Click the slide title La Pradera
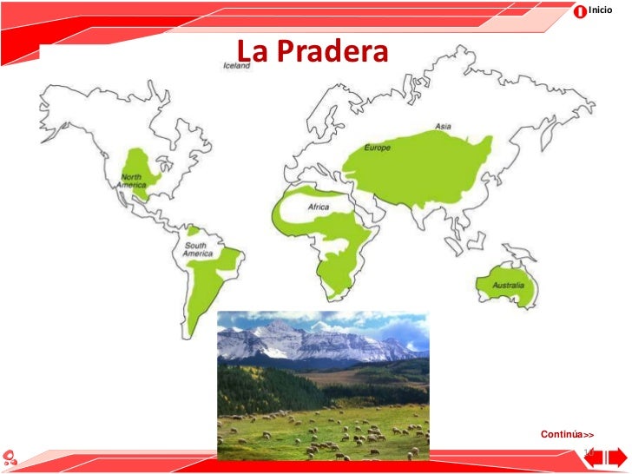312,52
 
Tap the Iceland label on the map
236,67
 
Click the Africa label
319,207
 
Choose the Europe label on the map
378,148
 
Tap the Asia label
443,127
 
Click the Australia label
507,285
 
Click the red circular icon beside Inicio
580,10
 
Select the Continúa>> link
567,433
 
